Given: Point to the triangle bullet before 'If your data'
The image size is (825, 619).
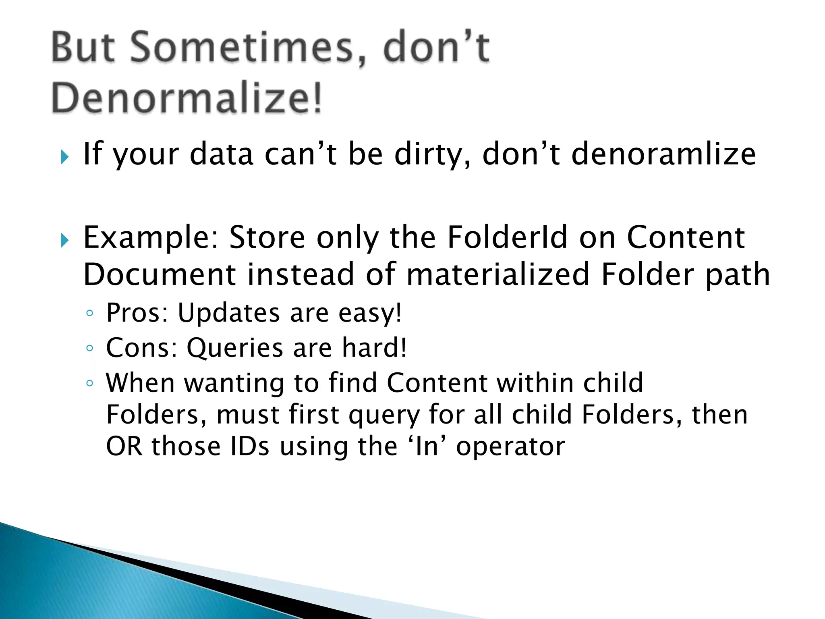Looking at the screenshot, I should (x=64, y=157).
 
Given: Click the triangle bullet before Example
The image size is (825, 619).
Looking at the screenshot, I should (x=64, y=241).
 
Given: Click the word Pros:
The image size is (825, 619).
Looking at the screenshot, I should (x=137, y=313).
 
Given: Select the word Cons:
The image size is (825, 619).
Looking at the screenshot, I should (x=141, y=348).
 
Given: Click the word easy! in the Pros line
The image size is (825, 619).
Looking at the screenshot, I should (x=370, y=313).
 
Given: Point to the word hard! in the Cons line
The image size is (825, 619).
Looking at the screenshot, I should (x=374, y=348).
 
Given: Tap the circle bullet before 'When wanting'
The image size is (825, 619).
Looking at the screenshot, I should (x=90, y=383).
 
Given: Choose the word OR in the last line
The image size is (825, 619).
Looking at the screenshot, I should (x=124, y=447).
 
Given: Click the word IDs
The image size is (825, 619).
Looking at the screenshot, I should (x=250, y=447).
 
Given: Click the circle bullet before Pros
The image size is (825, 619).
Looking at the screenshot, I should (x=90, y=313).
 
